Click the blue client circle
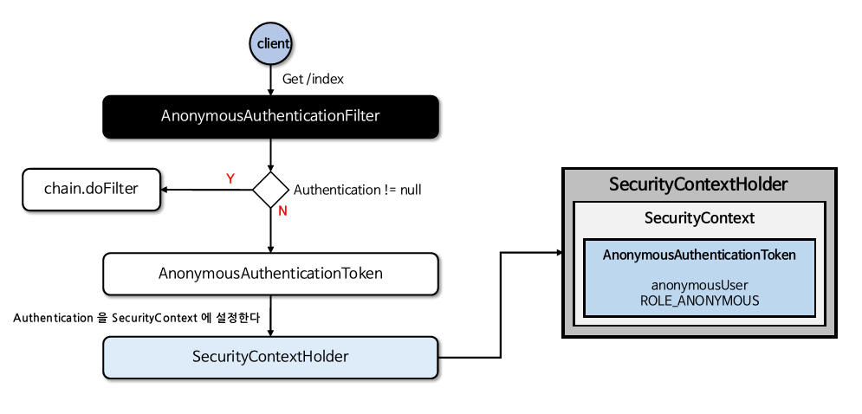[x=271, y=42]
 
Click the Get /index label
[x=313, y=79]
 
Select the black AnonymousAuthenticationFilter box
[x=270, y=116]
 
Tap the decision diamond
[x=270, y=189]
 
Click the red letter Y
[x=230, y=178]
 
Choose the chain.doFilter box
[x=91, y=189]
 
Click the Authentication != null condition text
[x=358, y=190]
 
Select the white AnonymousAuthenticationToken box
[x=270, y=273]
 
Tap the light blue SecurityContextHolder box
[x=270, y=357]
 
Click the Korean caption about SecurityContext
[x=137, y=319]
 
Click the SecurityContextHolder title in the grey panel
[x=698, y=184]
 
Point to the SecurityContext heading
[x=699, y=218]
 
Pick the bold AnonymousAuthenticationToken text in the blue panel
[x=699, y=255]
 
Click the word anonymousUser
[x=699, y=284]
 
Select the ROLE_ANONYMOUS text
[x=699, y=301]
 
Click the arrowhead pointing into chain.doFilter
[x=167, y=189]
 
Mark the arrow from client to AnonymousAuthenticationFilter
[x=271, y=80]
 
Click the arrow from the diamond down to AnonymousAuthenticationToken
[x=271, y=230]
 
